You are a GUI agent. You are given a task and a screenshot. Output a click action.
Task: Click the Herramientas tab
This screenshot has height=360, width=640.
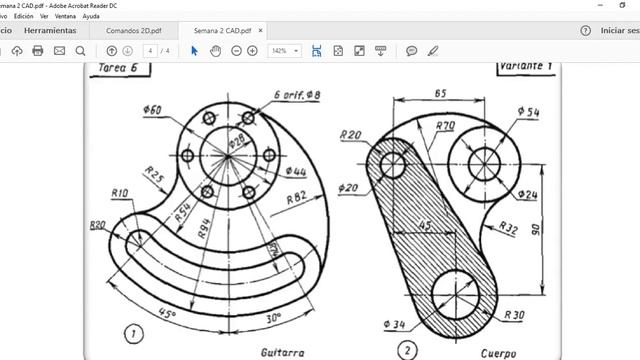point(50,30)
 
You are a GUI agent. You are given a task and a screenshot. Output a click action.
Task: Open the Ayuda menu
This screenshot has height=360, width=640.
point(91,16)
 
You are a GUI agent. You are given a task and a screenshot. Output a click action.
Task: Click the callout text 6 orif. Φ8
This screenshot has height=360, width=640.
point(297,96)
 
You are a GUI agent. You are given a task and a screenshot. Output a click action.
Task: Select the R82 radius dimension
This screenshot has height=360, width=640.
point(296,198)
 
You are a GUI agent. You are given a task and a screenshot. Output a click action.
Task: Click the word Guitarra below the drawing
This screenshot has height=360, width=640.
point(283,352)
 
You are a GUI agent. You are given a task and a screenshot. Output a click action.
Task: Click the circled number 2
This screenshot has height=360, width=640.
point(407,350)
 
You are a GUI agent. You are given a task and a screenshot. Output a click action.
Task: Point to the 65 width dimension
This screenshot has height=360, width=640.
point(440,92)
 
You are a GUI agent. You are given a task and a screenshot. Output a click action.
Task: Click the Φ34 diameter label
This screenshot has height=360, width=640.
point(395,323)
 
